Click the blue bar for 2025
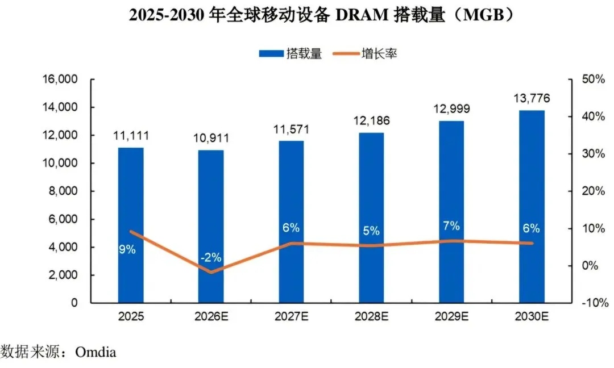click(x=131, y=225)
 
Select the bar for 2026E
click(x=211, y=227)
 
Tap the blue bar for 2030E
click(x=532, y=207)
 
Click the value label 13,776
click(x=532, y=98)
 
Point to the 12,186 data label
click(x=372, y=120)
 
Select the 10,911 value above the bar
click(x=211, y=138)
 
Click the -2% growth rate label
click(x=211, y=257)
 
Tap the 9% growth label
click(x=127, y=249)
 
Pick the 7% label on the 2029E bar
click(x=451, y=225)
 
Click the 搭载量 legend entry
click(x=291, y=53)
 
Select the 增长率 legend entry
click(x=365, y=53)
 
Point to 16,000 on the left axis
click(x=60, y=80)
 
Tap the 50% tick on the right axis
click(x=593, y=80)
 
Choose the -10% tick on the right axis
click(x=595, y=303)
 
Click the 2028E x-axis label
click(x=372, y=316)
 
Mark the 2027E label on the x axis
click(x=291, y=316)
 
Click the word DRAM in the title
click(x=362, y=15)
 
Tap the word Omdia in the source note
click(x=96, y=352)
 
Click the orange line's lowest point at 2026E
click(x=211, y=272)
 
